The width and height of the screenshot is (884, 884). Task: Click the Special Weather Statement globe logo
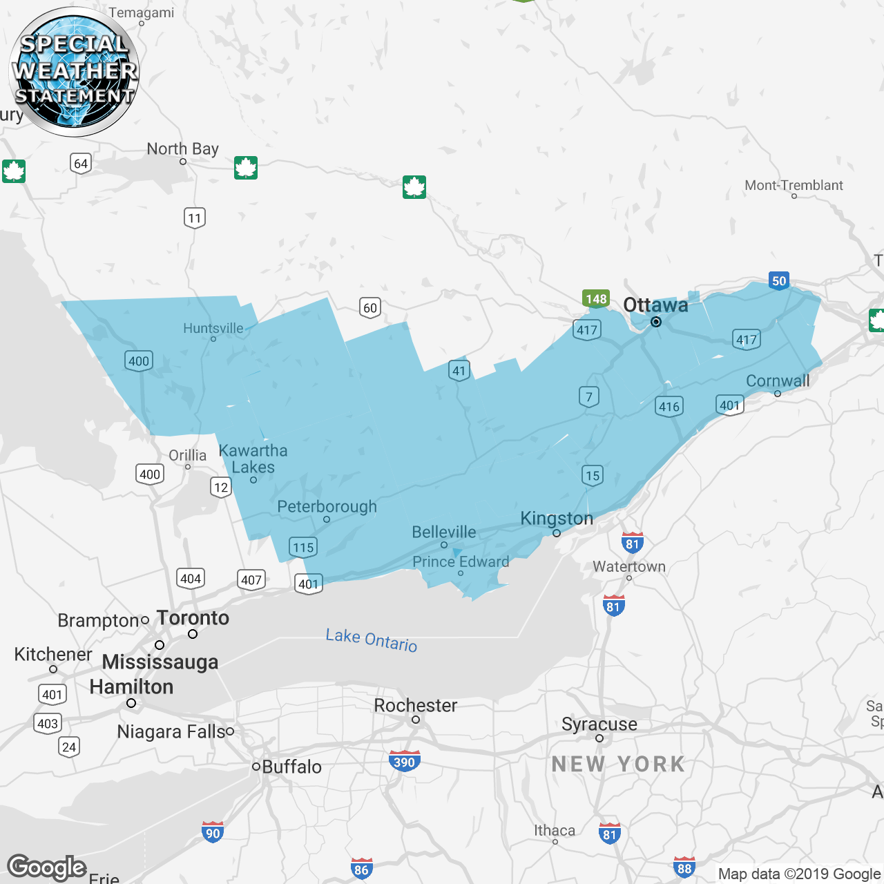[74, 71]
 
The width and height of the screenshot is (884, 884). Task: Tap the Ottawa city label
[655, 305]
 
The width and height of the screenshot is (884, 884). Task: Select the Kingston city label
[557, 518]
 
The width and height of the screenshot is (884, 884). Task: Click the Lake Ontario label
[372, 640]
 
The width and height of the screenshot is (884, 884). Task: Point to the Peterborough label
[327, 506]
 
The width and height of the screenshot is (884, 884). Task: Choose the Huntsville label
[213, 328]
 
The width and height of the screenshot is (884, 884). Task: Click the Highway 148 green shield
[595, 298]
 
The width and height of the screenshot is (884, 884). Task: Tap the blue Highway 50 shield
[779, 280]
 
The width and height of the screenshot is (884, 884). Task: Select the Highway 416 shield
[669, 406]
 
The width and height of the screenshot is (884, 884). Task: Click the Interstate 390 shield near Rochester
[404, 761]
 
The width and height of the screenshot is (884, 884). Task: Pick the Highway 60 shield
[370, 307]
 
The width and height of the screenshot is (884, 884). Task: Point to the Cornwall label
[778, 381]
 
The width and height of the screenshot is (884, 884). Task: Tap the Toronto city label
[193, 617]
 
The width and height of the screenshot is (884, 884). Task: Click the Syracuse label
[599, 724]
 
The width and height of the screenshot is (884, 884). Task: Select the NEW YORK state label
[618, 764]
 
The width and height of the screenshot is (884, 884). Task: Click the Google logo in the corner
[46, 867]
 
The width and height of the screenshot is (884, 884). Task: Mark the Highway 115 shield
[303, 548]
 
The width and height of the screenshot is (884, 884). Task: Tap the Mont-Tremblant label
[794, 185]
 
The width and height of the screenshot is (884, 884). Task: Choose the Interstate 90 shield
[213, 832]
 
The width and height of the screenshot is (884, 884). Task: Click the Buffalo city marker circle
[256, 766]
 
